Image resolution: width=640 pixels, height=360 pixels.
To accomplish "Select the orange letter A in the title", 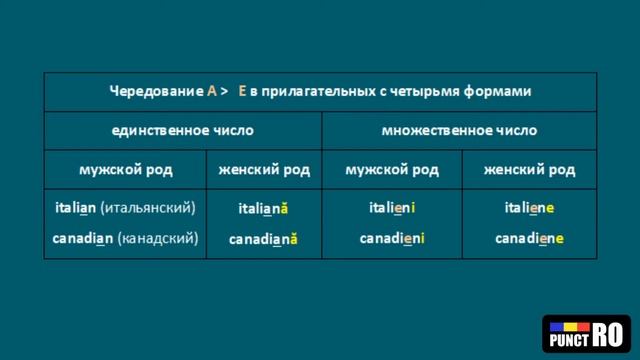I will (211, 91).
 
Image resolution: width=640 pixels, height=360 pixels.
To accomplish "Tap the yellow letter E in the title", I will (241, 91).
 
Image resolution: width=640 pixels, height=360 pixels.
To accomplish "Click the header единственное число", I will (182, 130).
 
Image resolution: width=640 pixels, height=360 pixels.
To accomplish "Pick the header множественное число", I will (459, 130).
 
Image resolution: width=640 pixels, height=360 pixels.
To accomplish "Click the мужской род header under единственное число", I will (125, 169).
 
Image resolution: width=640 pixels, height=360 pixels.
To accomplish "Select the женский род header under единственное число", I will (263, 169).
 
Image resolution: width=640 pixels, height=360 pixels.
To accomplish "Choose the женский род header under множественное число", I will (529, 169).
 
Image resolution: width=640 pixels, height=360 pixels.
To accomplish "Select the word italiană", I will (263, 209).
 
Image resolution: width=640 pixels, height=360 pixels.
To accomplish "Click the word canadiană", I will (263, 239).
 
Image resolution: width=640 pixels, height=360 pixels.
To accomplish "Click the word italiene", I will (529, 208).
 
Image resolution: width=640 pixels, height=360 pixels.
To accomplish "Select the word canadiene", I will (529, 238).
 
